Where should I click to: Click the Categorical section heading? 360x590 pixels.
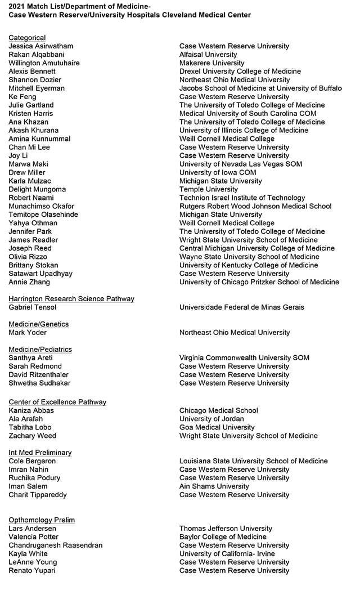27,38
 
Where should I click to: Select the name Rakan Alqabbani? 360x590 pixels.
37,55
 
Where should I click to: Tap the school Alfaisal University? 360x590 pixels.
208,55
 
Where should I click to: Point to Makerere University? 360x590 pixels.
212,63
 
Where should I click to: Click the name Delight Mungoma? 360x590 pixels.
37,189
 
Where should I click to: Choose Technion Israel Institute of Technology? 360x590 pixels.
242,198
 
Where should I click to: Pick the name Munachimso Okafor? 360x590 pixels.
42,206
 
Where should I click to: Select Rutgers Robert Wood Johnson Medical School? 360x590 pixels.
255,206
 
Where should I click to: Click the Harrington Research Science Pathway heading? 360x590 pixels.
71,299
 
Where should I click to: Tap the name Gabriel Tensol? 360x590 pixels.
33,307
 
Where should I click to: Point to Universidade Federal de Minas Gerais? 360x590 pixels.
242,307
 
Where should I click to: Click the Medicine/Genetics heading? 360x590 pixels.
39,324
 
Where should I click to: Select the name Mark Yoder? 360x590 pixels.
28,333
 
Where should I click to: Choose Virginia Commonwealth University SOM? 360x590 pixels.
244,357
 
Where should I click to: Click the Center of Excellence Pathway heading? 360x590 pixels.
57,402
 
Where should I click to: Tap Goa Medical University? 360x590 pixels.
217,427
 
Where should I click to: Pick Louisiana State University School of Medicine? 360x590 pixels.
254,461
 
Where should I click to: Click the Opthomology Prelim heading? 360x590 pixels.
42,520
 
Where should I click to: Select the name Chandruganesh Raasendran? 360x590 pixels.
56,546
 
